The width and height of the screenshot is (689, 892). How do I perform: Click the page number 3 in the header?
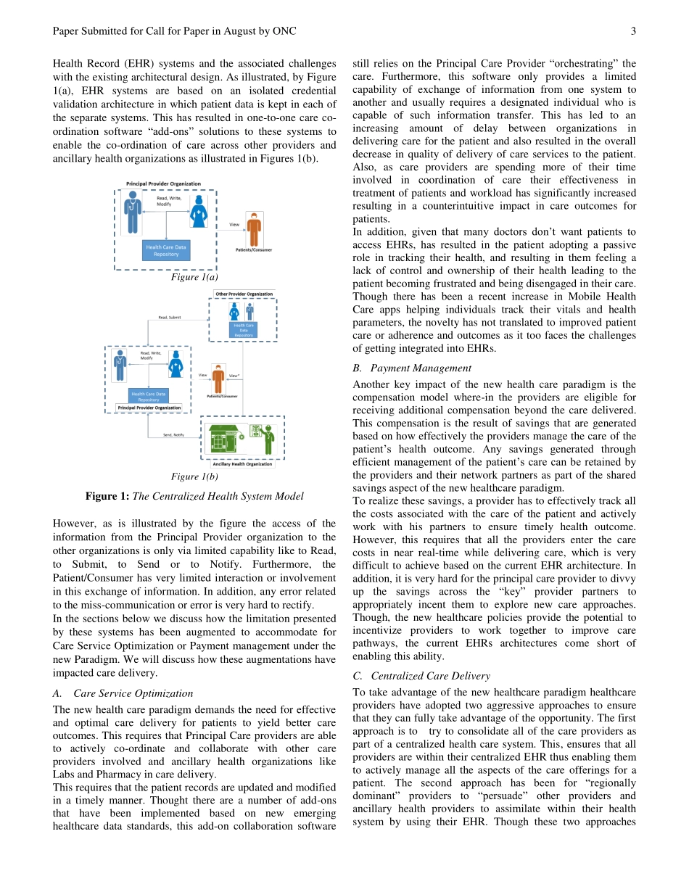(x=633, y=31)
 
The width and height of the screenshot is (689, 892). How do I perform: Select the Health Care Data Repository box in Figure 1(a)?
(x=166, y=251)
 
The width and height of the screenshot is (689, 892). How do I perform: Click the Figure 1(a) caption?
(x=194, y=277)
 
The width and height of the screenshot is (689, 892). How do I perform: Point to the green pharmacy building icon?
(x=226, y=439)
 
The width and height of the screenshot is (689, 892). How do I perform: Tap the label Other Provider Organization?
(x=244, y=294)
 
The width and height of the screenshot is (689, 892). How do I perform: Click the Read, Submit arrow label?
(x=170, y=318)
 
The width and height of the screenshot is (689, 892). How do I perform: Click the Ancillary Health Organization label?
(x=242, y=464)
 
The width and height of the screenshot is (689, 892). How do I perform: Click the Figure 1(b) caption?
(x=194, y=476)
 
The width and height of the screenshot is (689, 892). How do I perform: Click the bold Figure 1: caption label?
(x=107, y=496)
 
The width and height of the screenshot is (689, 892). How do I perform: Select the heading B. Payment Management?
(x=411, y=368)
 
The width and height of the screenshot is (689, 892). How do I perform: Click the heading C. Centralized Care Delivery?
(x=421, y=676)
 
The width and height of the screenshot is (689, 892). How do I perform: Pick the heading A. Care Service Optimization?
(x=123, y=693)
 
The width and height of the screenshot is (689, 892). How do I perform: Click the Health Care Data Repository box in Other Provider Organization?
(x=243, y=330)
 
